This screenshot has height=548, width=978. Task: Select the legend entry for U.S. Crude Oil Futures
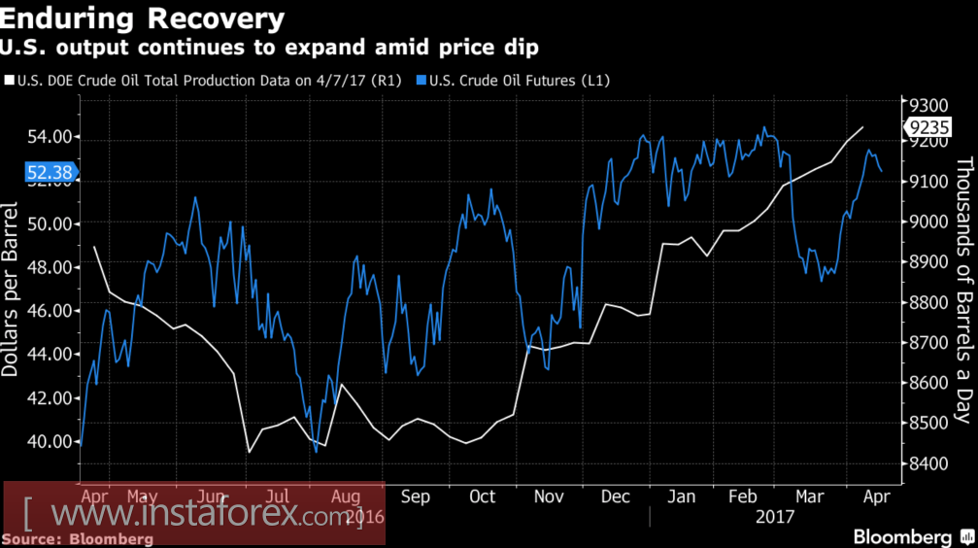click(x=519, y=81)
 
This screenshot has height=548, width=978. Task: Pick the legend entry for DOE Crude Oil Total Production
click(x=205, y=81)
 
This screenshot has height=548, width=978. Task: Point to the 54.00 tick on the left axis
click(x=50, y=137)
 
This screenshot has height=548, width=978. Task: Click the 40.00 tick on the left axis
click(x=50, y=441)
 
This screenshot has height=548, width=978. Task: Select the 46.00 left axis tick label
click(x=50, y=311)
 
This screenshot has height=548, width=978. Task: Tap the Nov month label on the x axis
click(x=550, y=496)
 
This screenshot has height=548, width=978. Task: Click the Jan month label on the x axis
click(x=681, y=496)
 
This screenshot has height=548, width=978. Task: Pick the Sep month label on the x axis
click(x=415, y=496)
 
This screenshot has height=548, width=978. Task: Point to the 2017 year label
click(x=774, y=517)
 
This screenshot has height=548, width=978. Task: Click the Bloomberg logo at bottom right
click(x=902, y=537)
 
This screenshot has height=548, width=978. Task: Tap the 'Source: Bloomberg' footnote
click(x=78, y=538)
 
